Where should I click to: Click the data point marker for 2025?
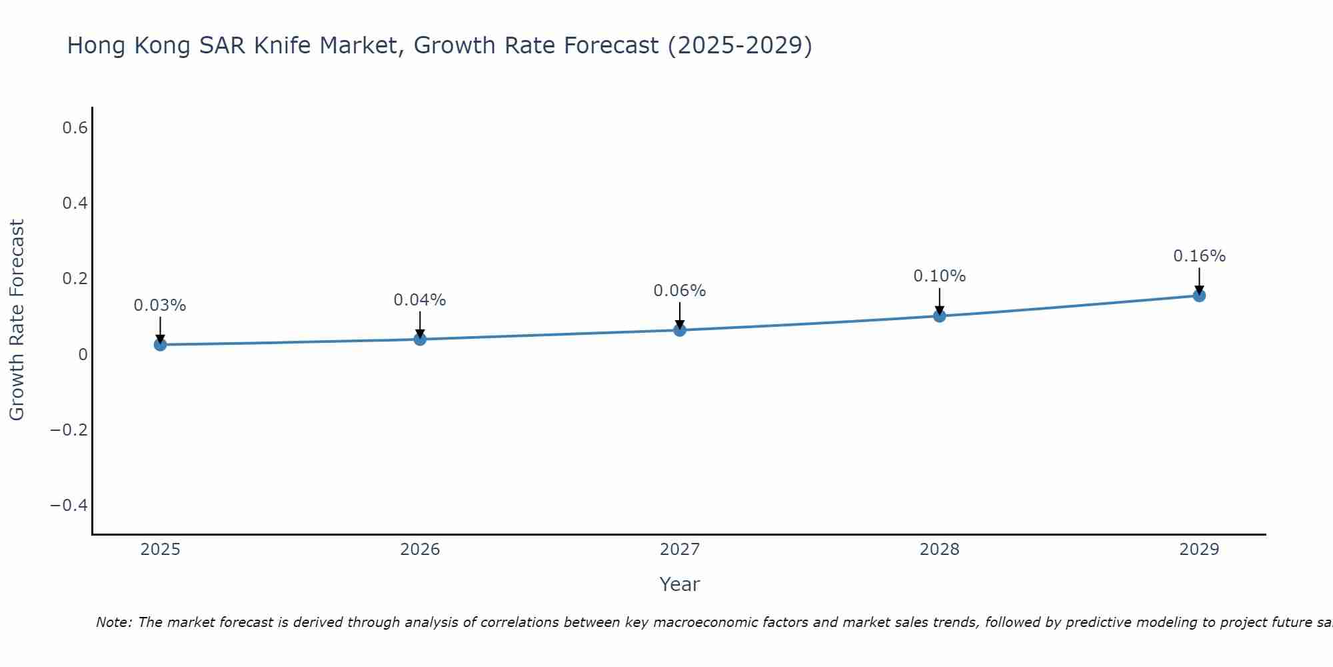[x=160, y=344]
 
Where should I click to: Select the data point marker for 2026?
[x=420, y=339]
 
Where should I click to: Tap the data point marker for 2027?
[x=680, y=329]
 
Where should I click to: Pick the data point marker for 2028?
[x=939, y=315]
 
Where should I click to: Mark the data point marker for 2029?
[x=1199, y=295]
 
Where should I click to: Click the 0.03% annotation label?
[x=160, y=305]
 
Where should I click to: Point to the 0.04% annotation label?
[x=420, y=300]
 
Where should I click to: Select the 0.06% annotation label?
[x=680, y=291]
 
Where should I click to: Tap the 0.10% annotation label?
[x=939, y=276]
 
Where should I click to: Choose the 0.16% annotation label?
[x=1199, y=256]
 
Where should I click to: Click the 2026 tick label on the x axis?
[x=420, y=550]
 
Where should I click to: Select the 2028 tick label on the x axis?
[x=939, y=550]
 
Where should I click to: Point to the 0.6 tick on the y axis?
[x=75, y=127]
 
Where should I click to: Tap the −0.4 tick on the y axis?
[x=69, y=505]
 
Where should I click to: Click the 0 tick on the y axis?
[x=83, y=354]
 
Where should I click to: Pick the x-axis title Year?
[x=679, y=584]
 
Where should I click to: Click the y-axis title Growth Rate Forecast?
[x=17, y=320]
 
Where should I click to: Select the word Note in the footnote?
[x=113, y=622]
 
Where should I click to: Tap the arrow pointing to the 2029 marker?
[x=1199, y=280]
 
